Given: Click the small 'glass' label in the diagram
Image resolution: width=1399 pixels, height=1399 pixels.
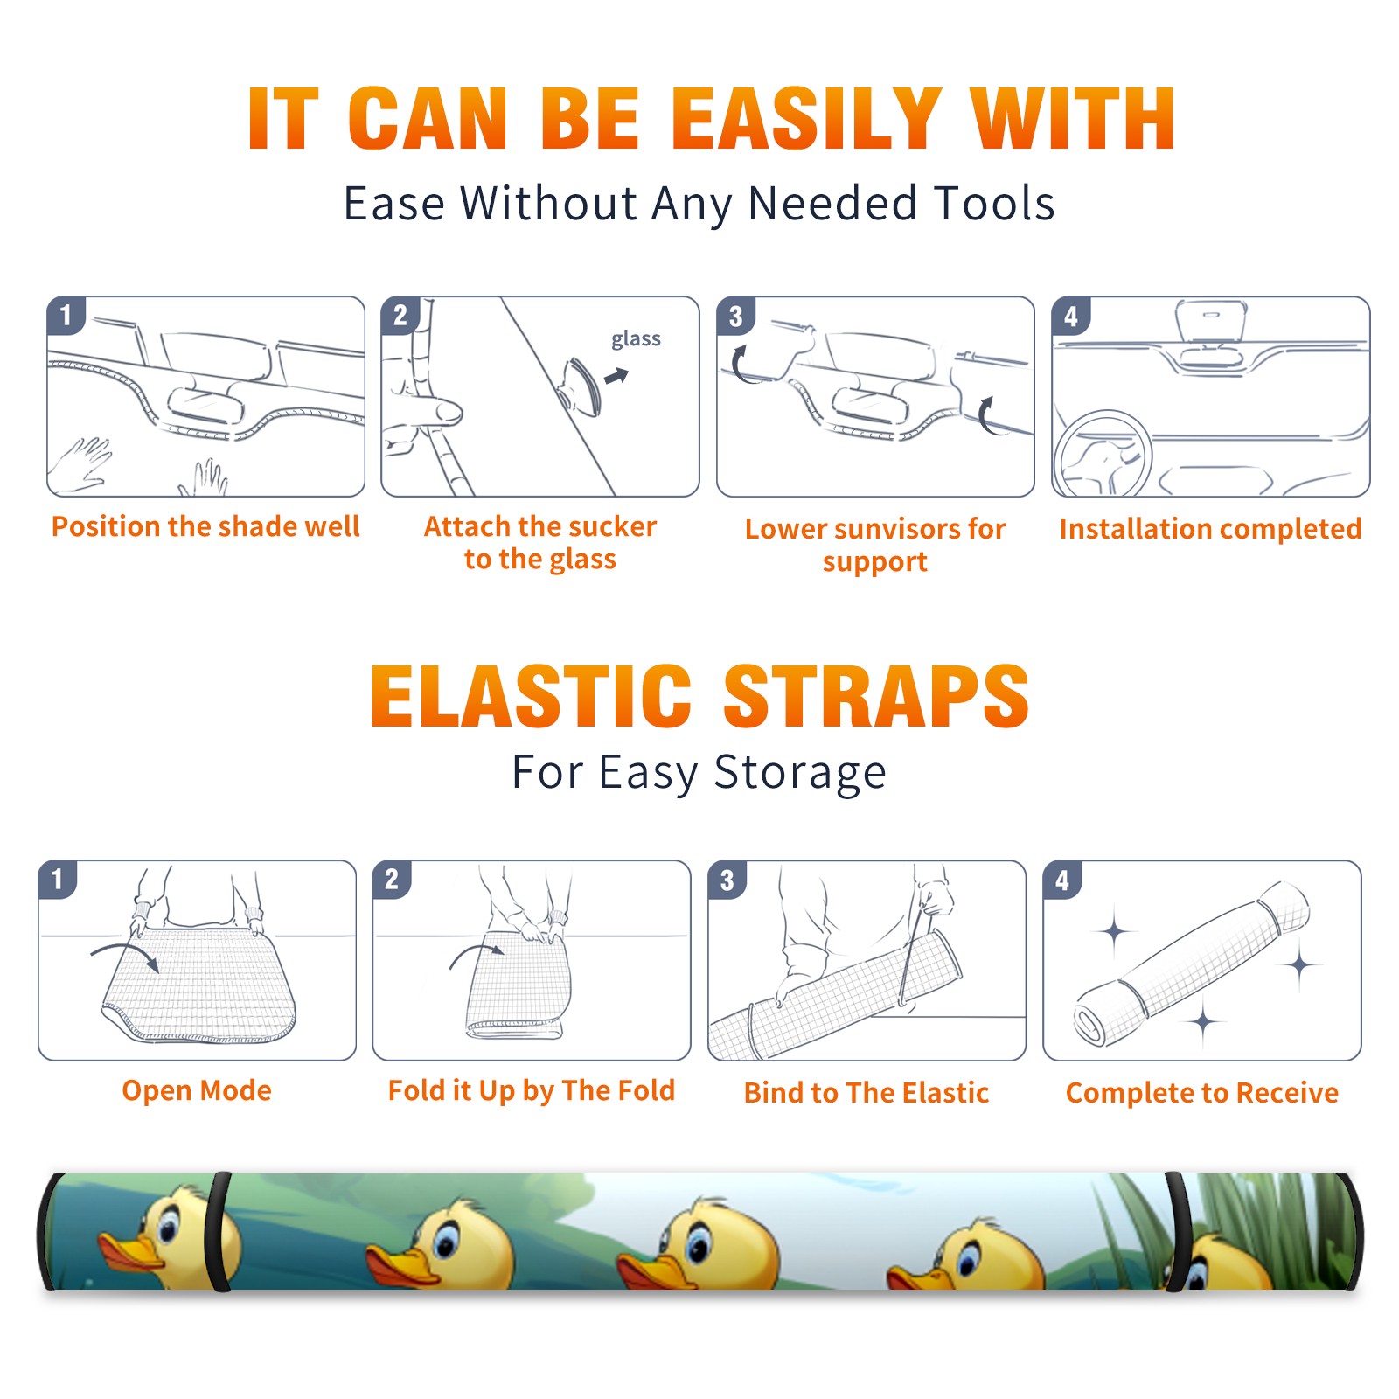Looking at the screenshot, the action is [x=636, y=339].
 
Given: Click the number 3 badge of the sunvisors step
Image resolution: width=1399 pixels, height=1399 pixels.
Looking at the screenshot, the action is [x=735, y=316].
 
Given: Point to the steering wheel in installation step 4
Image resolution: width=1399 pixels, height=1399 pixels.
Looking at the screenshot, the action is [x=1103, y=455].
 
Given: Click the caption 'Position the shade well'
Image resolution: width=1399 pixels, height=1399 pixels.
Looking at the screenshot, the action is [x=205, y=526].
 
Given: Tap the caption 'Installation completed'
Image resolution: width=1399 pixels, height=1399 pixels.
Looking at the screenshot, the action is [x=1210, y=529].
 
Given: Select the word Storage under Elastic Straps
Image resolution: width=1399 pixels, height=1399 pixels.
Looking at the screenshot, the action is [x=800, y=773].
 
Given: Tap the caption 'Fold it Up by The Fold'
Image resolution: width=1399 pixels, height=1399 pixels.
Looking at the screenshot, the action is [x=532, y=1090].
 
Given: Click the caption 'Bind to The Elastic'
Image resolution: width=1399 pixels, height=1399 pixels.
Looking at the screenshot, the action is [x=867, y=1093].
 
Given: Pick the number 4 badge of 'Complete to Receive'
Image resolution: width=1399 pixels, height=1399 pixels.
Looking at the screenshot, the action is [x=1062, y=880].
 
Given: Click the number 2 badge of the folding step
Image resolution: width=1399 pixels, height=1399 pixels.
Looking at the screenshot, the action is [x=392, y=880].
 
